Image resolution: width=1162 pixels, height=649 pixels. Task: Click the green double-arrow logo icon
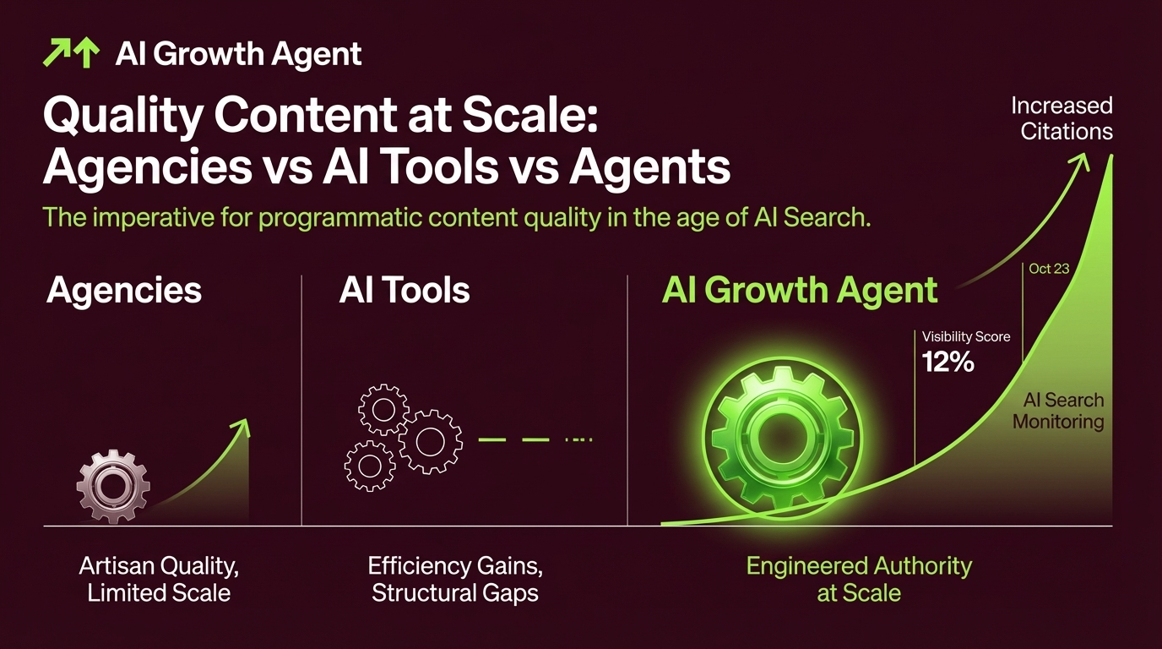(71, 54)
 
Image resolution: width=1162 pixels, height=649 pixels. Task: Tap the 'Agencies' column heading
(124, 290)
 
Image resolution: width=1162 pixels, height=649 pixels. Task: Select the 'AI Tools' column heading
(404, 290)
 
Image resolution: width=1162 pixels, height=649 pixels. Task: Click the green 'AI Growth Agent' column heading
(799, 290)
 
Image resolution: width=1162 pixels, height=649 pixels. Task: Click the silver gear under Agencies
(113, 486)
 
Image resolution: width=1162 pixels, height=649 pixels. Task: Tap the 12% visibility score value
(948, 363)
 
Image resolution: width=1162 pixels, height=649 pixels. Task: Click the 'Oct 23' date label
(1049, 269)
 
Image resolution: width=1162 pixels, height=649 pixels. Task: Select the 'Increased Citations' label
(1062, 118)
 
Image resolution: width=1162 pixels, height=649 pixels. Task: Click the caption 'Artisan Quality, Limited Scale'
(159, 579)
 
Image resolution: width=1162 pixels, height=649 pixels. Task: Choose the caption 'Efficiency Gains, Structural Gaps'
(454, 579)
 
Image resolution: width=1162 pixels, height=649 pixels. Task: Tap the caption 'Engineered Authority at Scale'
(859, 579)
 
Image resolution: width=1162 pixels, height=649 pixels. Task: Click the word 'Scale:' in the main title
(535, 117)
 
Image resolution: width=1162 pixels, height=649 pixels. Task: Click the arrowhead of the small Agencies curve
(244, 425)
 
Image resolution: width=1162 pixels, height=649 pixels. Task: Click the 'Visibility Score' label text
(965, 336)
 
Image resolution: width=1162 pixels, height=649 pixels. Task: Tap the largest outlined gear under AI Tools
(430, 440)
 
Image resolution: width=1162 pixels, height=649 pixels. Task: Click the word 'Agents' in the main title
(649, 166)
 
